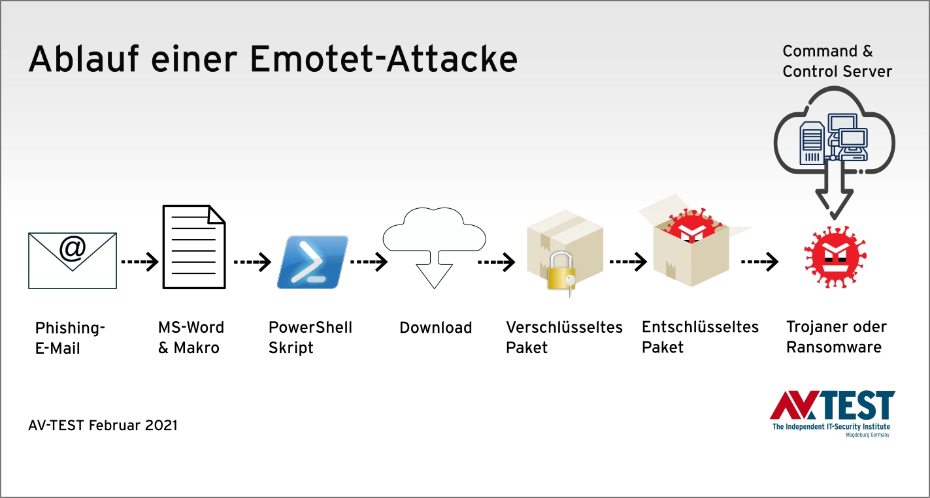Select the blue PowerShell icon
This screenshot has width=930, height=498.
[x=312, y=262]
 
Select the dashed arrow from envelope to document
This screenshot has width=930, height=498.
[x=140, y=262]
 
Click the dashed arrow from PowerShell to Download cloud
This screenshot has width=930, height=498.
[x=369, y=262]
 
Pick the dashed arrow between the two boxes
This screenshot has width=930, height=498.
[x=628, y=262]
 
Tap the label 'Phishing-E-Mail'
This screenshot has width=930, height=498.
[x=70, y=337]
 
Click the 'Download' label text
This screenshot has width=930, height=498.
[x=435, y=328]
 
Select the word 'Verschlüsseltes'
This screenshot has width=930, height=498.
[x=564, y=327]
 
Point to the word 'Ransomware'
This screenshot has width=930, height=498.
[x=833, y=347]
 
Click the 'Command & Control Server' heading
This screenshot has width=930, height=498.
[x=837, y=61]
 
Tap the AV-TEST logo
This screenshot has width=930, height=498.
[x=832, y=412]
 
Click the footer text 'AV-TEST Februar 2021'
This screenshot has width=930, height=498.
[x=103, y=426]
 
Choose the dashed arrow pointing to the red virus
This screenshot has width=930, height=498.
[x=760, y=262]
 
